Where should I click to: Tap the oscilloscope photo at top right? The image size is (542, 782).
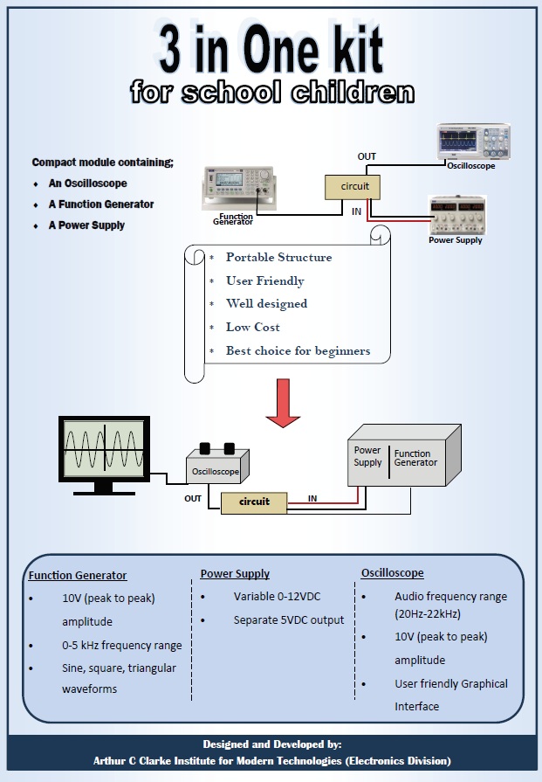473,142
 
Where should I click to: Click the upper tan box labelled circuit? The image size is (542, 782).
354,187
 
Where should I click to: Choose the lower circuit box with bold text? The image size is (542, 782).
253,502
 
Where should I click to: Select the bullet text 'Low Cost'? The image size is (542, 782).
253,328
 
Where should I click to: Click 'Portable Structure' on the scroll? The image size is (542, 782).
278,258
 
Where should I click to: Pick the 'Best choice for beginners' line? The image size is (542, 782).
298,351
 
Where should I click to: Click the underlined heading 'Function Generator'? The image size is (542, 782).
78,576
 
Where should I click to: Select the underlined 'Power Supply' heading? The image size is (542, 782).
235,574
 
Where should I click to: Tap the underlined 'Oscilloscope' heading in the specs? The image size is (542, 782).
392,573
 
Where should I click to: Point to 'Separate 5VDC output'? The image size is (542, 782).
289,620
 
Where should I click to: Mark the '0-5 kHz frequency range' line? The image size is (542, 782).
122,646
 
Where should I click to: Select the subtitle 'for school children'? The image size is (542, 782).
271,92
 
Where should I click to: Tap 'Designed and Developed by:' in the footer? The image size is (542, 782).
271,744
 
